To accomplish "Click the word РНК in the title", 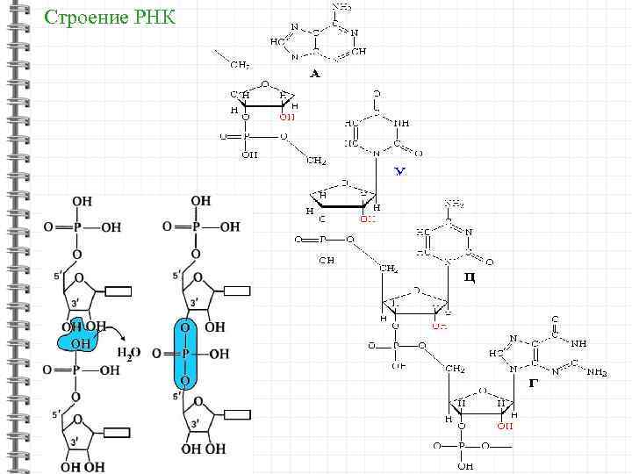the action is pyautogui.click(x=151, y=18).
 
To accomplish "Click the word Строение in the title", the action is pyautogui.click(x=83, y=18).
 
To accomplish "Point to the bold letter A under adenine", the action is pyautogui.click(x=314, y=75).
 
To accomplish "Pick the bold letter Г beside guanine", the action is pyautogui.click(x=534, y=383).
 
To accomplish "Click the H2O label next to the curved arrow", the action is pyautogui.click(x=128, y=352).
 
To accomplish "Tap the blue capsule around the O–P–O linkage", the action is pyautogui.click(x=185, y=353).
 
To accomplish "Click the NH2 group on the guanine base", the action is pyautogui.click(x=596, y=372).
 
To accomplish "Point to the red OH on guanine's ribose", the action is pyautogui.click(x=504, y=427).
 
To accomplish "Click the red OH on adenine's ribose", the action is pyautogui.click(x=287, y=117).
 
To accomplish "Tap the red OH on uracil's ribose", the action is pyautogui.click(x=367, y=219).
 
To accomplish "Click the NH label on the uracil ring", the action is pyautogui.click(x=401, y=123).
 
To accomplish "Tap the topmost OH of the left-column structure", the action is pyautogui.click(x=81, y=201).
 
